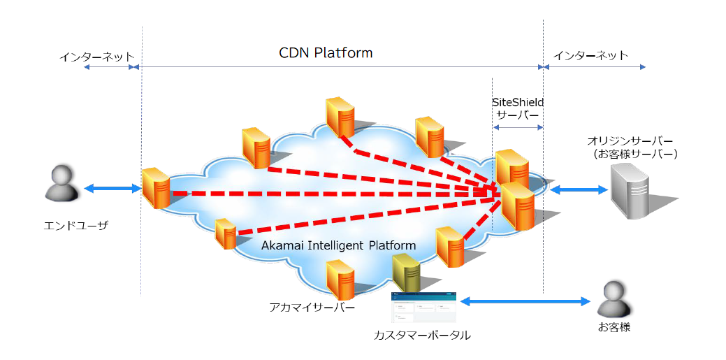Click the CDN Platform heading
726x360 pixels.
326,53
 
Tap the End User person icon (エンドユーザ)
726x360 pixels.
60,184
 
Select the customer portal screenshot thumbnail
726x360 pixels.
423,307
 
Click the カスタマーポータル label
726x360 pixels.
422,336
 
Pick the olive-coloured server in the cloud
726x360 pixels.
406,273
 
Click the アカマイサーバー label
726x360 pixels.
312,308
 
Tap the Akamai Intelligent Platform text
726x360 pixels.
338,245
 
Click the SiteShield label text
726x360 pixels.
518,102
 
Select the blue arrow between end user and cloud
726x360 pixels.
112,189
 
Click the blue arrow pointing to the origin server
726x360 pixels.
578,189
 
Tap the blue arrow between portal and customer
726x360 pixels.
525,301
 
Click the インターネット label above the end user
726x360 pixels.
96,56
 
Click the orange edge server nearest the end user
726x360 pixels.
154,188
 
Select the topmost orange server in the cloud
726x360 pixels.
340,117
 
